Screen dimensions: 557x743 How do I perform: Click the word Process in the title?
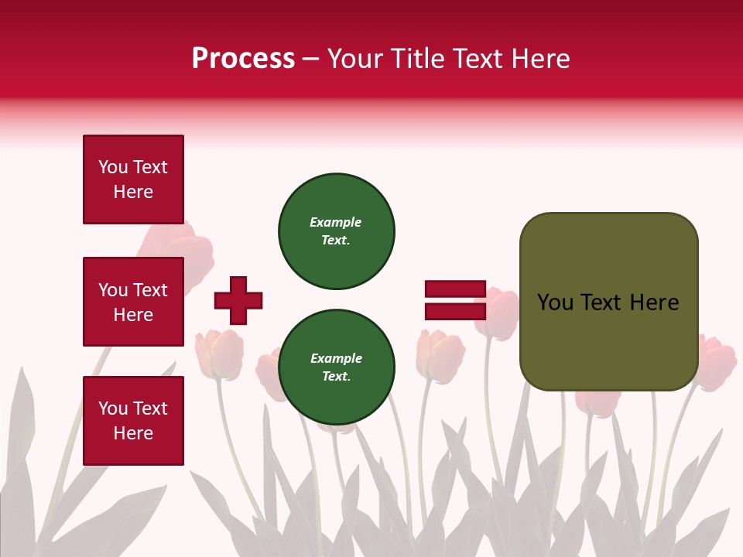click(243, 59)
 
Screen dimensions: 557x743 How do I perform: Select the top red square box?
click(133, 179)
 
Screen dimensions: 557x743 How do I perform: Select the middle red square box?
click(133, 302)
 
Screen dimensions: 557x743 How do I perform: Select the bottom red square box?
click(133, 420)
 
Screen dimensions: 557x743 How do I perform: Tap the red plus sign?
click(238, 300)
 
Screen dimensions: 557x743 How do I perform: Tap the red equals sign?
click(455, 300)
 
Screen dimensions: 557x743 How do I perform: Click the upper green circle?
click(337, 231)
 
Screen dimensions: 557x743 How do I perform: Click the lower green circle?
click(337, 367)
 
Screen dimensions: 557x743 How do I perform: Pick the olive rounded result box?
click(608, 302)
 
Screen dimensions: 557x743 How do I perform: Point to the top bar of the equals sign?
click(455, 289)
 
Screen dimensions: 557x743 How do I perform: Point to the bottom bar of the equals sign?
click(455, 311)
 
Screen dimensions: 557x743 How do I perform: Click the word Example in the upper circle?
click(335, 222)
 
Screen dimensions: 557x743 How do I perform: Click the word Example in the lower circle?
click(336, 358)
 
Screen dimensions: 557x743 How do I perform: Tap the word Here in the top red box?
click(133, 192)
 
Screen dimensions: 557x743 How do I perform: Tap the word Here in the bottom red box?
click(133, 433)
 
